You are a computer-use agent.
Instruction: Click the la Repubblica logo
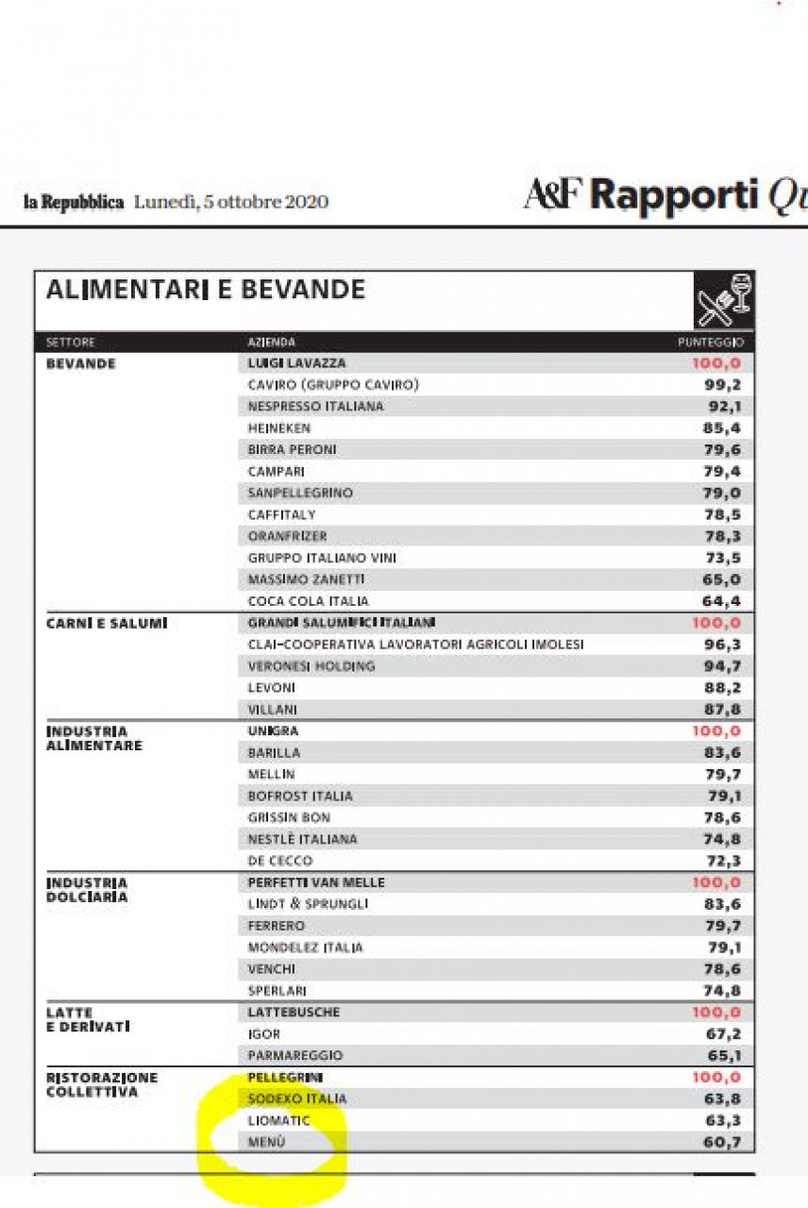74,202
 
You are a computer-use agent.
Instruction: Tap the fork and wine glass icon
724,300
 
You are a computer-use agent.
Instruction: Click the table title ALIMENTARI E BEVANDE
206,290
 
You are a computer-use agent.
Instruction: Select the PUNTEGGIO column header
710,342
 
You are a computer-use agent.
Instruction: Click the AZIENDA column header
271,342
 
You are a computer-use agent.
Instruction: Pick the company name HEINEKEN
278,428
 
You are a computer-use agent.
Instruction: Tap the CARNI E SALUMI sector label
107,623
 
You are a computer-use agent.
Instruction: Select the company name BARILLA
274,753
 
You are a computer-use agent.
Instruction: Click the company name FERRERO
276,926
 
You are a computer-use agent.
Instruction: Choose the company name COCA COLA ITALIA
308,601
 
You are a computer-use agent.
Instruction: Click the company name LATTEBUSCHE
294,1013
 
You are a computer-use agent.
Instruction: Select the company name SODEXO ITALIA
296,1099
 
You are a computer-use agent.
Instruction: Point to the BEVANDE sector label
81,363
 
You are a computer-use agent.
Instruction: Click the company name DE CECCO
279,861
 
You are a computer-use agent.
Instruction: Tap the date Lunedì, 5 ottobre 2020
231,202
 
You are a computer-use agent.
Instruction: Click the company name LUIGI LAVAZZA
296,363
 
